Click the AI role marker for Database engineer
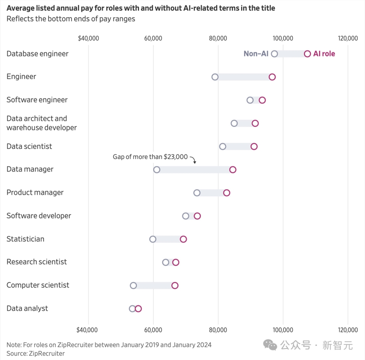307,54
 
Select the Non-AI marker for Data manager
157,170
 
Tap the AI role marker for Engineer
272,77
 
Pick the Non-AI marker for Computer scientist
133,286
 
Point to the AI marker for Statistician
183,239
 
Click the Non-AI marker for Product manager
197,193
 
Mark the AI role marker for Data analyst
138,309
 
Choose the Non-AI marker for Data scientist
223,147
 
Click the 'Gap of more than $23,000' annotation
150,157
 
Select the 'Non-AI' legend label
256,54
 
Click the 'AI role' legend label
324,54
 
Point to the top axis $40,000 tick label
88,38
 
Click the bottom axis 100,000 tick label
283,330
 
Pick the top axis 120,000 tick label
348,38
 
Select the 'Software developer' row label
39,216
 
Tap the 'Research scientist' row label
36,262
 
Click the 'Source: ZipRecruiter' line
35,353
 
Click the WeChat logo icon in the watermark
271,345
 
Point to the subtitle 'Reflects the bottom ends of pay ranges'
71,19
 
